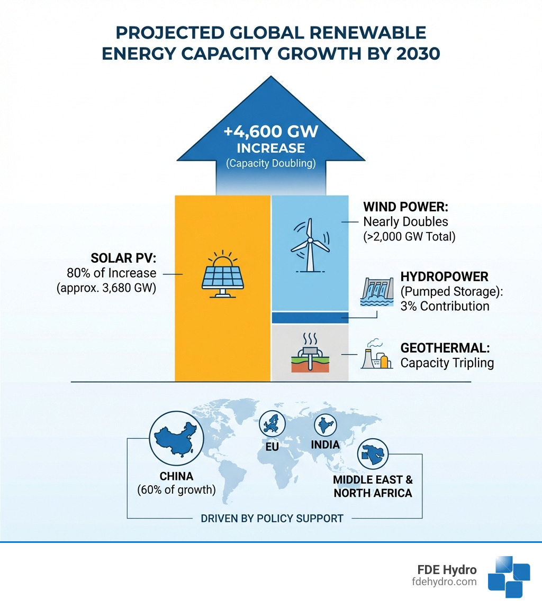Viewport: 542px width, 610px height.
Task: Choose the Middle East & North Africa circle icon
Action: click(372, 454)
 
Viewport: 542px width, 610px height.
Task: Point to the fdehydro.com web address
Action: click(444, 581)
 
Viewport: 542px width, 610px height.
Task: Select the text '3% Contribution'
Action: click(445, 306)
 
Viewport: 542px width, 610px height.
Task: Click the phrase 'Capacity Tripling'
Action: click(447, 363)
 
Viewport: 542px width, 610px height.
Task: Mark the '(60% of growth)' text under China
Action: click(176, 490)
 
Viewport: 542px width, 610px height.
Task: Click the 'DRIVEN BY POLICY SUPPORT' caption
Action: click(272, 518)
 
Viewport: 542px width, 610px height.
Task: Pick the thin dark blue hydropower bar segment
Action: click(310, 317)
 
